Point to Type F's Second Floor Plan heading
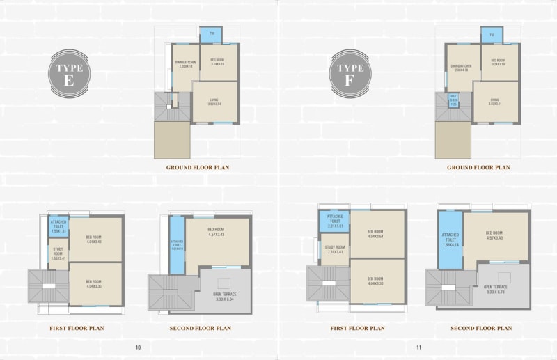click(481, 328)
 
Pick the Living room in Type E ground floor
click(215, 102)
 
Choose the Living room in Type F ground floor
click(495, 102)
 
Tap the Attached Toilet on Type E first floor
click(58, 226)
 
